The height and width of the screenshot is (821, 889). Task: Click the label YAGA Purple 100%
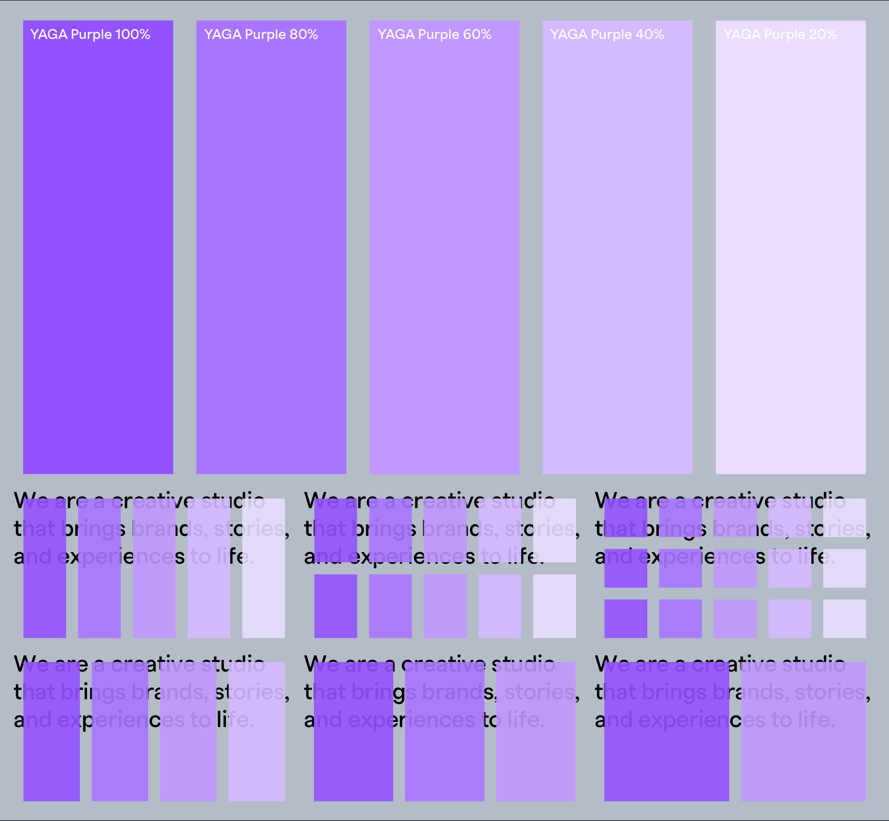click(x=90, y=34)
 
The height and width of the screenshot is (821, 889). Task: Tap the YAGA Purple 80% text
click(x=261, y=34)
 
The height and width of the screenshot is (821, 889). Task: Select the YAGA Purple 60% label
click(x=434, y=34)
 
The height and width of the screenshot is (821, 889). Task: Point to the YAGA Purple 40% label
click(x=607, y=34)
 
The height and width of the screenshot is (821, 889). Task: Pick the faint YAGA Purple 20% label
click(x=780, y=34)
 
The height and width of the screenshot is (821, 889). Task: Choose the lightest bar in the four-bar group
click(x=257, y=759)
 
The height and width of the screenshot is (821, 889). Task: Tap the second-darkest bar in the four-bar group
click(x=120, y=759)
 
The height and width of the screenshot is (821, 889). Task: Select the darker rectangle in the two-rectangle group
click(x=666, y=759)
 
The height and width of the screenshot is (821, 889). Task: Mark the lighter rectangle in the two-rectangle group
click(x=803, y=759)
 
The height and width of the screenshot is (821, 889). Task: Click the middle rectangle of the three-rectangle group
click(x=444, y=759)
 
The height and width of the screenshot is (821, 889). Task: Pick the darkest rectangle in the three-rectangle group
click(x=353, y=759)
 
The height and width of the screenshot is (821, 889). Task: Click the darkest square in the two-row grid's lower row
click(x=336, y=606)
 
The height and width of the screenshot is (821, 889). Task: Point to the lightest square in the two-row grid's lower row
click(x=554, y=606)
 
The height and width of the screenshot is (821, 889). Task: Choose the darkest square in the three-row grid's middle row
click(x=626, y=568)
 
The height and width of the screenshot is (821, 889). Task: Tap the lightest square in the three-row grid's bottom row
click(x=844, y=619)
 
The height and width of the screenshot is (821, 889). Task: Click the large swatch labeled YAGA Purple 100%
click(x=98, y=255)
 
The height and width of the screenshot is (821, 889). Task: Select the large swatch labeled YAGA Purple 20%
click(x=790, y=255)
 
